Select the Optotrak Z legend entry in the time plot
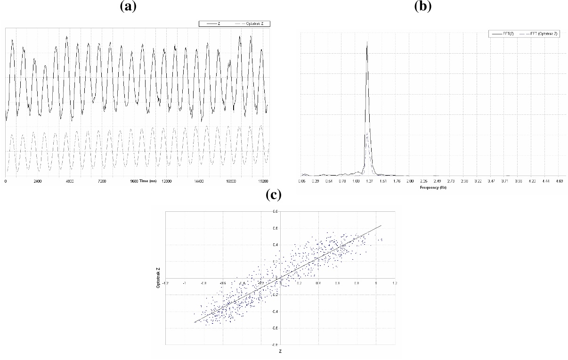[257, 24]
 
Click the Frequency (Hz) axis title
[433, 187]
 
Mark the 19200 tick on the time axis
[263, 181]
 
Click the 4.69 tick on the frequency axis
[560, 181]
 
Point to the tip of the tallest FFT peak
[367, 41]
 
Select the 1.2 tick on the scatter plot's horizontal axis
[394, 283]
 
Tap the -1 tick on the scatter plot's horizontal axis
[184, 283]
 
